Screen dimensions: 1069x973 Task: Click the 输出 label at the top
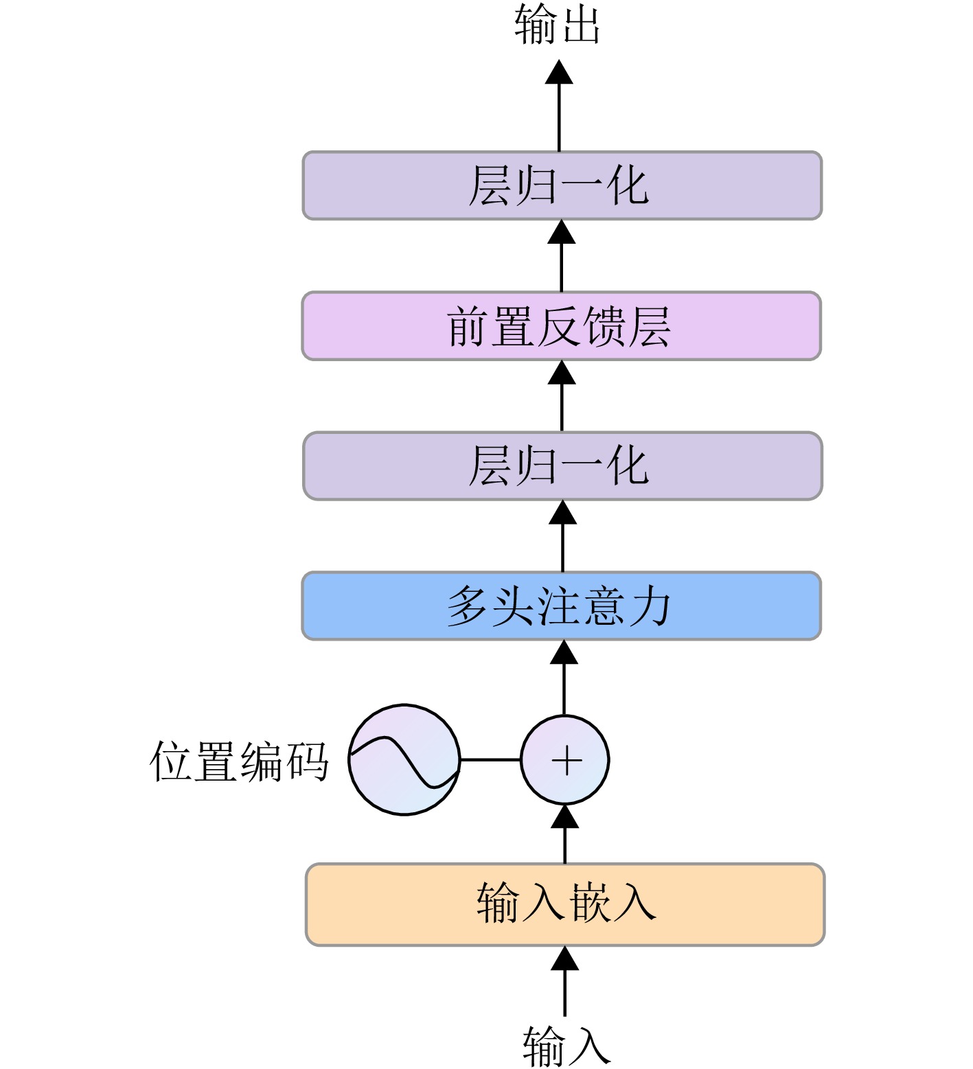[558, 26]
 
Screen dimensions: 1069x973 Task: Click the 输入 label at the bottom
[566, 1045]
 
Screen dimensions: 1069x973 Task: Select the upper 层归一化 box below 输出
[562, 185]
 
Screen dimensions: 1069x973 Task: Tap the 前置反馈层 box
[561, 326]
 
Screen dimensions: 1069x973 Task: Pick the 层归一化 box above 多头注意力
[562, 465]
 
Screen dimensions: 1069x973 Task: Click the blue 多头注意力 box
[561, 606]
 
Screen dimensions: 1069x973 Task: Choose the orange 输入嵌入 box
[564, 904]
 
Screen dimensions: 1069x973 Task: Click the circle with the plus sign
[565, 760]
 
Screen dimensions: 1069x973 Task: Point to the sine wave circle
[404, 760]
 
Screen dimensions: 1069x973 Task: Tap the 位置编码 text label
[239, 761]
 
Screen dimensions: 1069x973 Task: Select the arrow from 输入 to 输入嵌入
[565, 982]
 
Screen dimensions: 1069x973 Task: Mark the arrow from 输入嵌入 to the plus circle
[565, 834]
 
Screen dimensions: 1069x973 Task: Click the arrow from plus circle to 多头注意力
[564, 678]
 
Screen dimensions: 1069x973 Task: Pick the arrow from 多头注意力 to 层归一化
[563, 536]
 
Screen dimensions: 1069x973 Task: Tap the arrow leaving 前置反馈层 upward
[562, 256]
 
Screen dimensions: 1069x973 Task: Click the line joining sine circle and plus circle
[490, 760]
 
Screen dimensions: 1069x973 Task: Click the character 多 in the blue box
[468, 606]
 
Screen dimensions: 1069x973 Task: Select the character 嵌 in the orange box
[590, 903]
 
